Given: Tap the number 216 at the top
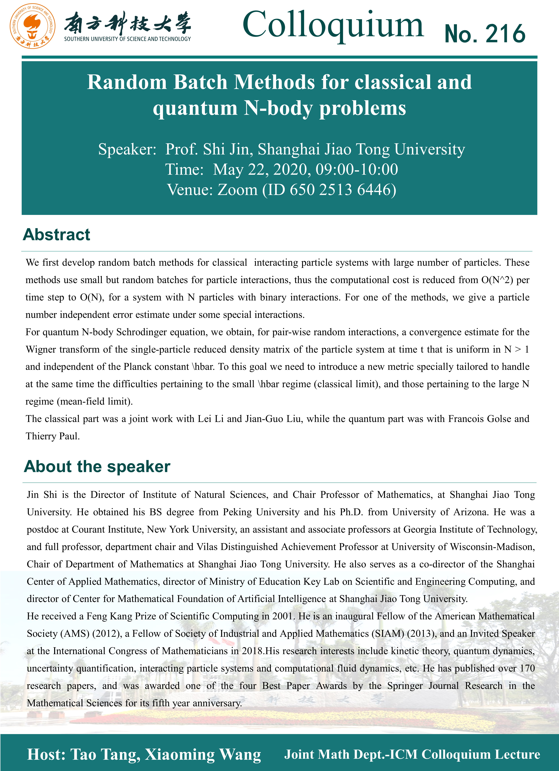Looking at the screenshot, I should [505, 34].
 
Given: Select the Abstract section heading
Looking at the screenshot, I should [56, 235].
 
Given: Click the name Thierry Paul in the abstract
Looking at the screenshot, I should [53, 436].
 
